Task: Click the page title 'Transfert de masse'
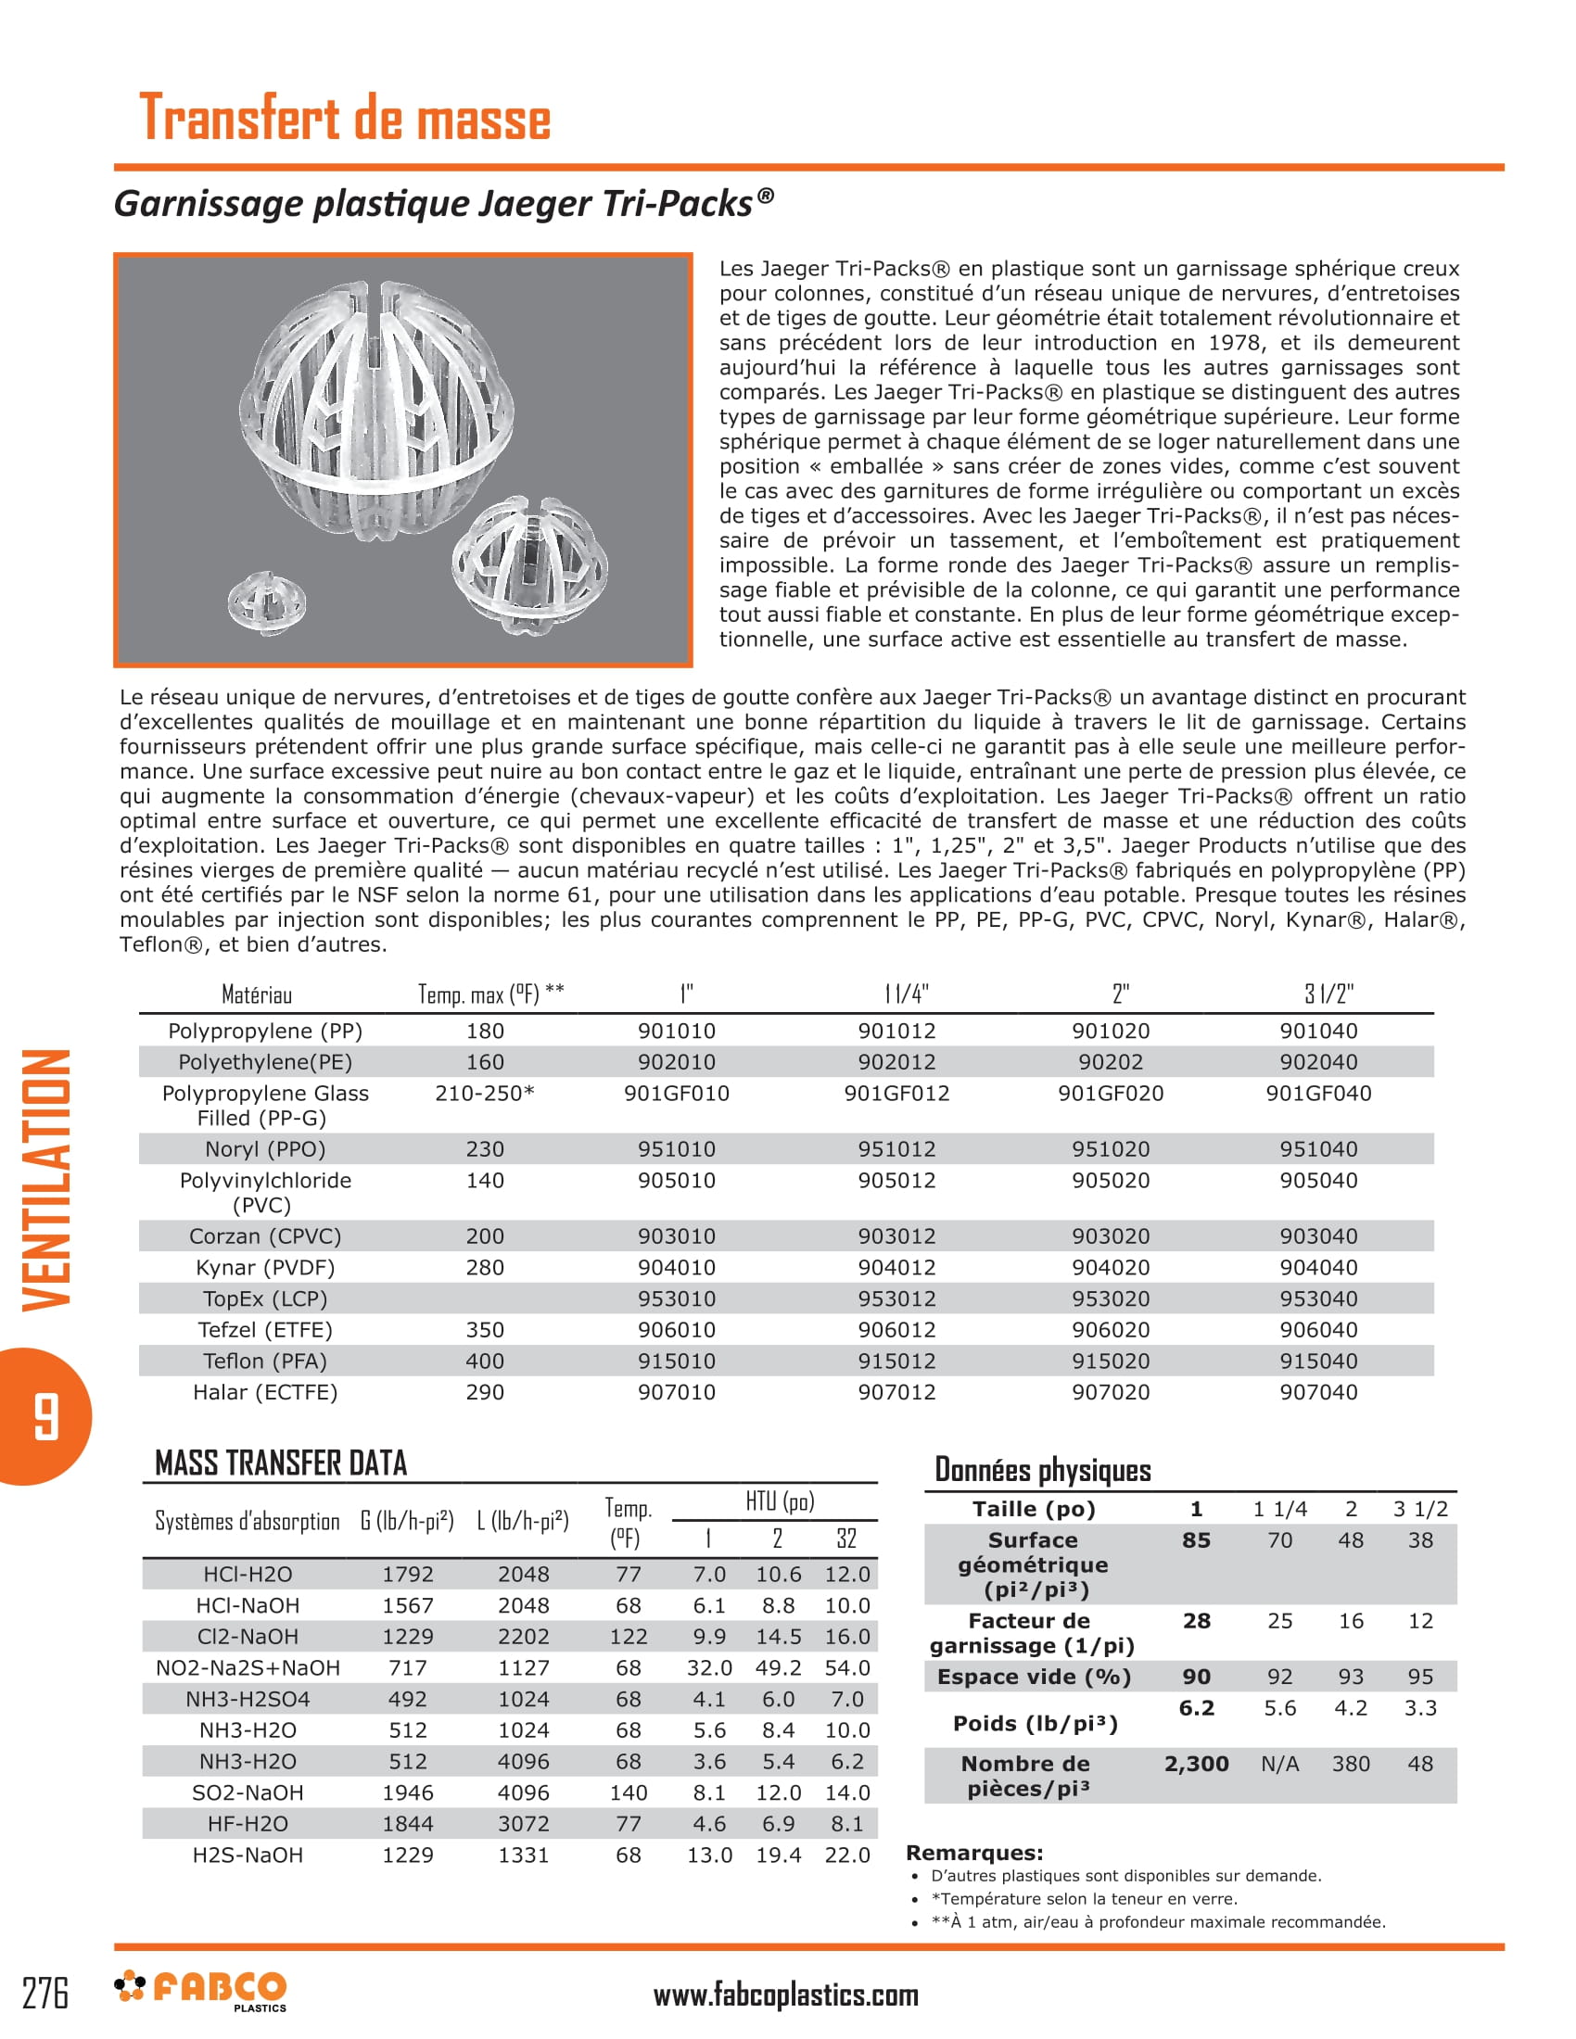tap(345, 119)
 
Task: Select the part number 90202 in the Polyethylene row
tap(1110, 1062)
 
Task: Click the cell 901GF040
tap(1318, 1094)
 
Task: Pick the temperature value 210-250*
tap(485, 1094)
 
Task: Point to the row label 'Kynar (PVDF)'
tap(265, 1268)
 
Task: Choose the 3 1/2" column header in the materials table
tap(1328, 994)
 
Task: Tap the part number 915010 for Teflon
tap(676, 1361)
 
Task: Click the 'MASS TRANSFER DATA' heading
tap(281, 1463)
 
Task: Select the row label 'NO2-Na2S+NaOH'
tap(248, 1668)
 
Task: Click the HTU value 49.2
tap(778, 1668)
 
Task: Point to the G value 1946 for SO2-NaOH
tap(408, 1792)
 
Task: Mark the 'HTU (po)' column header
tap(780, 1501)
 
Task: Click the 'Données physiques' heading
tap(1042, 1470)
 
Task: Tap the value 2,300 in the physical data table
tap(1196, 1764)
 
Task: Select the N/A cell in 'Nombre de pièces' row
tap(1279, 1764)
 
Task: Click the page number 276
tap(45, 1994)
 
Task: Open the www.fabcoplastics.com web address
tap(785, 1995)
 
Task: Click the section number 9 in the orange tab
tap(45, 1416)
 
